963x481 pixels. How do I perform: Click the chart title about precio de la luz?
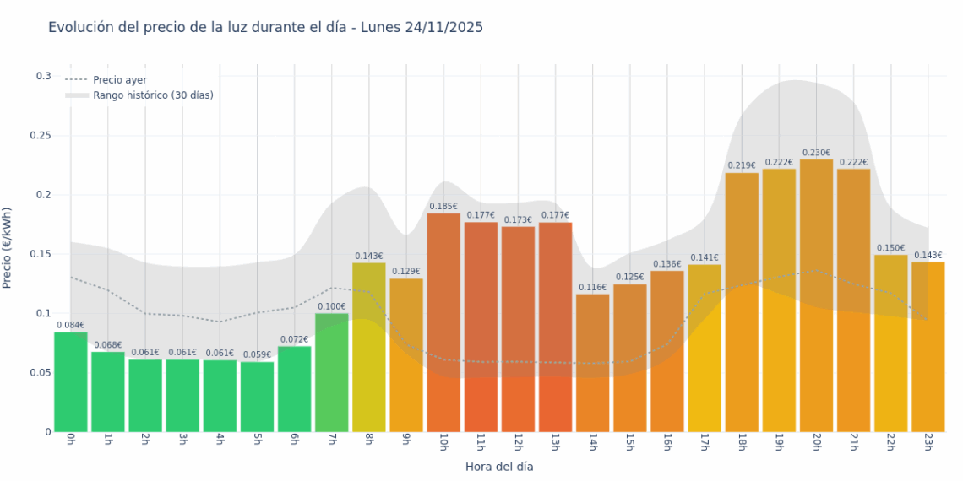pyautogui.click(x=265, y=28)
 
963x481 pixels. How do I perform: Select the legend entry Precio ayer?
pyautogui.click(x=119, y=80)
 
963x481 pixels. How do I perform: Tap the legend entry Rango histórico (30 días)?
pyautogui.click(x=153, y=95)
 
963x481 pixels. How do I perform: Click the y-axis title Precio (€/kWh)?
pyautogui.click(x=8, y=248)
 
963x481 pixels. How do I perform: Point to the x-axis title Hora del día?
pyautogui.click(x=499, y=466)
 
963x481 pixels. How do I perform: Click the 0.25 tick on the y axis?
pyautogui.click(x=41, y=136)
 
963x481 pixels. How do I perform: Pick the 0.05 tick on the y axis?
pyautogui.click(x=41, y=372)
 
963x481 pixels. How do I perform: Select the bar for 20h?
pyautogui.click(x=816, y=295)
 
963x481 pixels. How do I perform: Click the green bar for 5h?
pyautogui.click(x=257, y=397)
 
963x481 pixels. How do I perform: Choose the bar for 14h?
pyautogui.click(x=592, y=363)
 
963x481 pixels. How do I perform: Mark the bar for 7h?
pyautogui.click(x=331, y=372)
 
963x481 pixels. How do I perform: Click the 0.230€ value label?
pyautogui.click(x=816, y=153)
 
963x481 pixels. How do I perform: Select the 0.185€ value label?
pyautogui.click(x=443, y=206)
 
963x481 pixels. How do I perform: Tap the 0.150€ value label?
pyautogui.click(x=890, y=248)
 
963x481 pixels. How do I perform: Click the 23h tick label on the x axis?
pyautogui.click(x=928, y=441)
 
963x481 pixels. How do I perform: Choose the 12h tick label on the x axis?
pyautogui.click(x=518, y=441)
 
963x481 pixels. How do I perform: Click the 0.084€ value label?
pyautogui.click(x=71, y=325)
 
